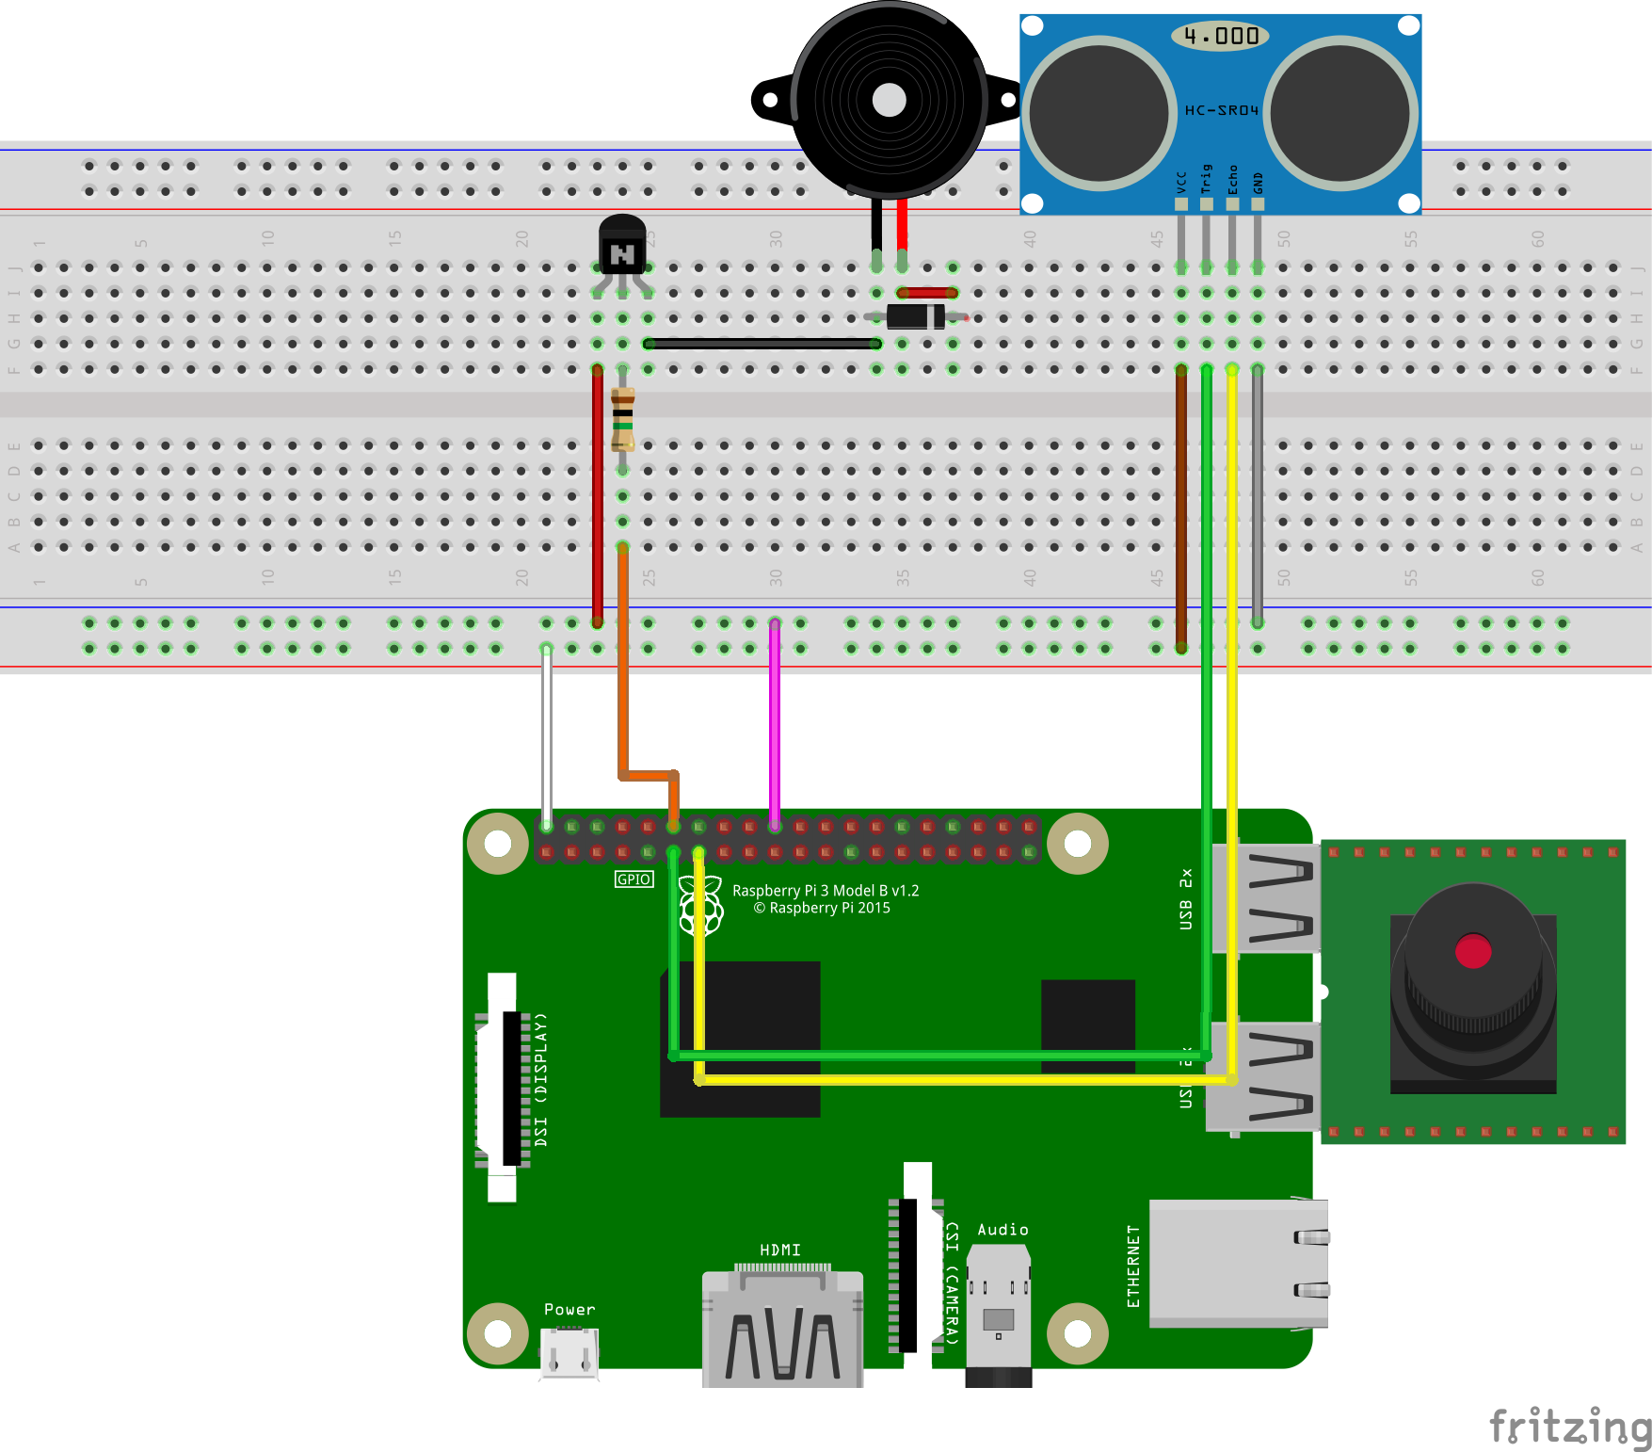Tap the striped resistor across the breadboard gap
pos(622,419)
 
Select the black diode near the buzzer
pos(915,316)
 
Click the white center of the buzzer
pos(889,100)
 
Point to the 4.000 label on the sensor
pos(1221,36)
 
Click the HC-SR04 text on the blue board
pos(1221,110)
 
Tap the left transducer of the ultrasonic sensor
pos(1099,112)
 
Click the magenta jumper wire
pos(775,725)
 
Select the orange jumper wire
pos(622,659)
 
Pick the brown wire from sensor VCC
pos(1181,508)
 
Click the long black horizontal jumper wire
pos(762,344)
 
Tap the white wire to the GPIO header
pos(547,734)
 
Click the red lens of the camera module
pos(1472,951)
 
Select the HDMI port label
pos(780,1250)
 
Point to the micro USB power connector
pos(569,1354)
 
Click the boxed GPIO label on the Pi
pos(634,879)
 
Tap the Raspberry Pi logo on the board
pos(700,906)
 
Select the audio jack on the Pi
pos(998,1314)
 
